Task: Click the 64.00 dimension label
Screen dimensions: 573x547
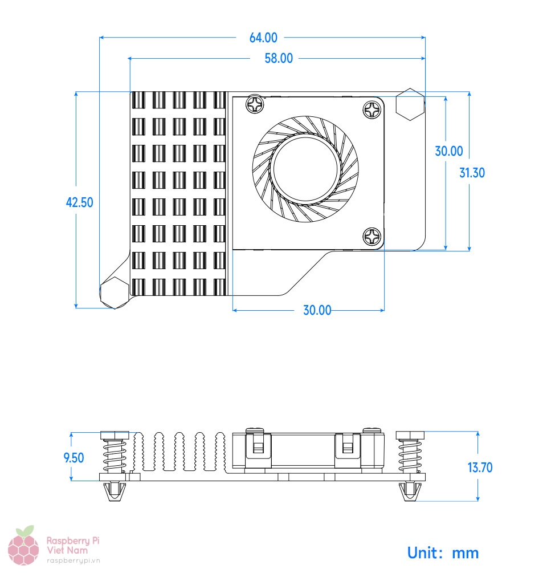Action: point(263,38)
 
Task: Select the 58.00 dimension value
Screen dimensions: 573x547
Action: point(279,58)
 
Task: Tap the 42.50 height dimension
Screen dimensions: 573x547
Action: point(80,202)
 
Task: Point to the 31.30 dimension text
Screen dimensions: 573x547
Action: point(472,172)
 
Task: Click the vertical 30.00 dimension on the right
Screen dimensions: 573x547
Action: point(449,151)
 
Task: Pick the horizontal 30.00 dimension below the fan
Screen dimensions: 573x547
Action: point(317,310)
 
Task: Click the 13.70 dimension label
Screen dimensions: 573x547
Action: point(480,468)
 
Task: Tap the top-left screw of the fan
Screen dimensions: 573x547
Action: point(255,105)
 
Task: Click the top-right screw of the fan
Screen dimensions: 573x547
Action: point(373,109)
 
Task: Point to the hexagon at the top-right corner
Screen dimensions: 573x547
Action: point(410,104)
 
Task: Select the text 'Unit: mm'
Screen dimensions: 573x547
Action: point(443,552)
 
